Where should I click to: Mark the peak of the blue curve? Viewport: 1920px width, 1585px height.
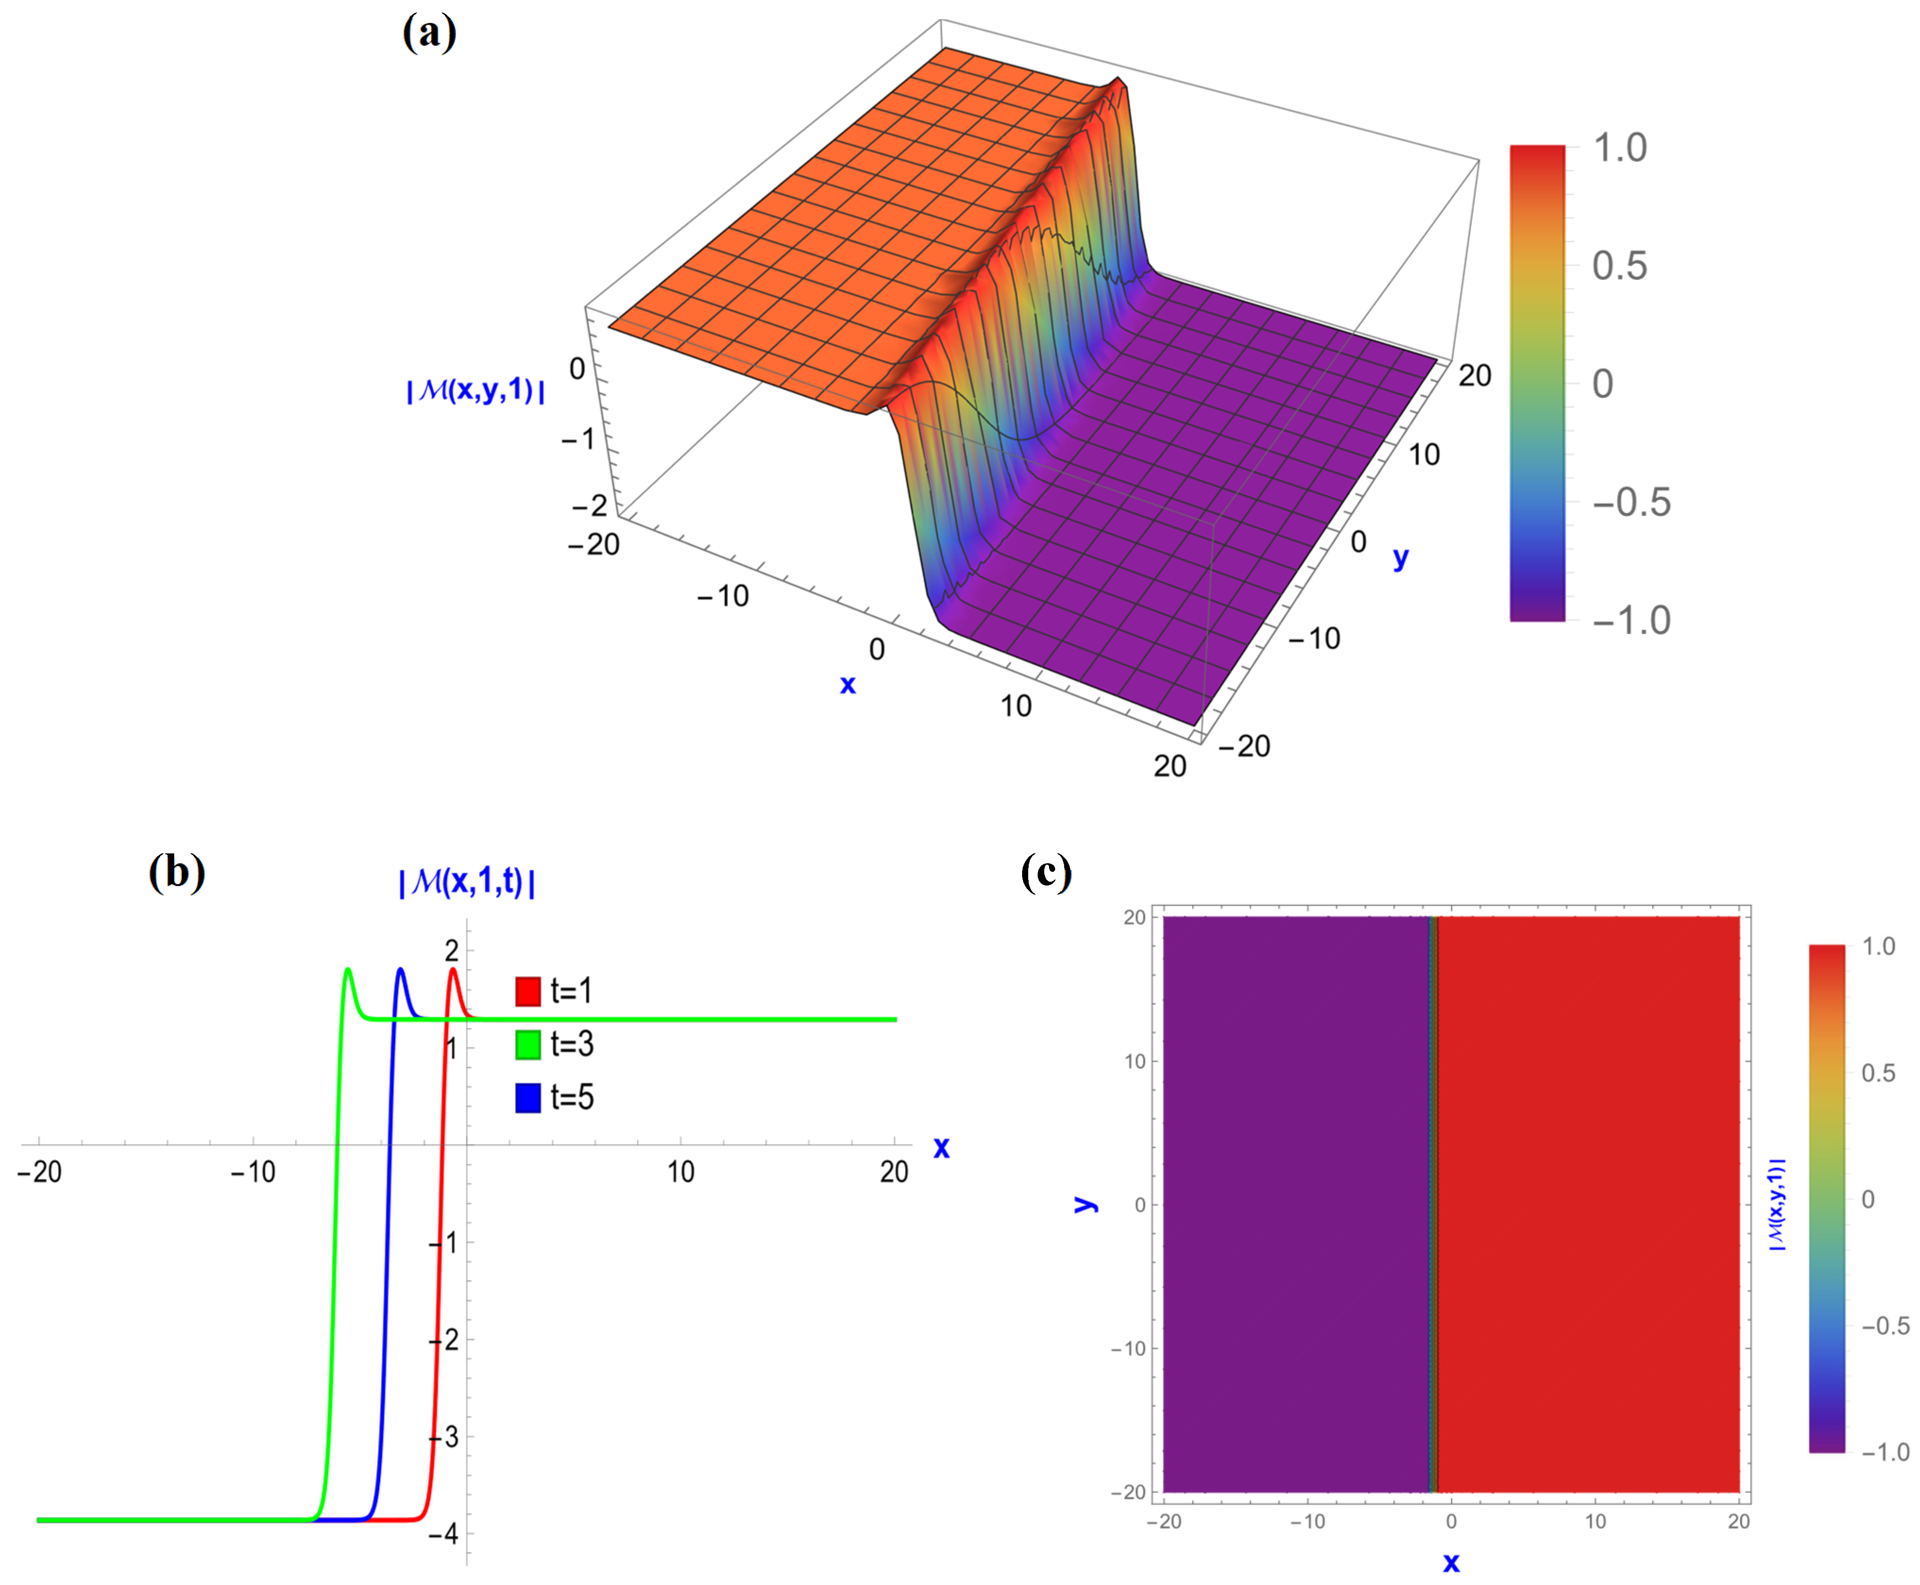400,970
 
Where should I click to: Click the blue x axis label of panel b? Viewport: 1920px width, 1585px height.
941,1147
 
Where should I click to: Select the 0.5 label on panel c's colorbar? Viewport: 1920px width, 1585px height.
1878,1073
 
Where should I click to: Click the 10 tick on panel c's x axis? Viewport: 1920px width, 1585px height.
1595,1522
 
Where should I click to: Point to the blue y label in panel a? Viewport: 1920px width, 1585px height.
1401,558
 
